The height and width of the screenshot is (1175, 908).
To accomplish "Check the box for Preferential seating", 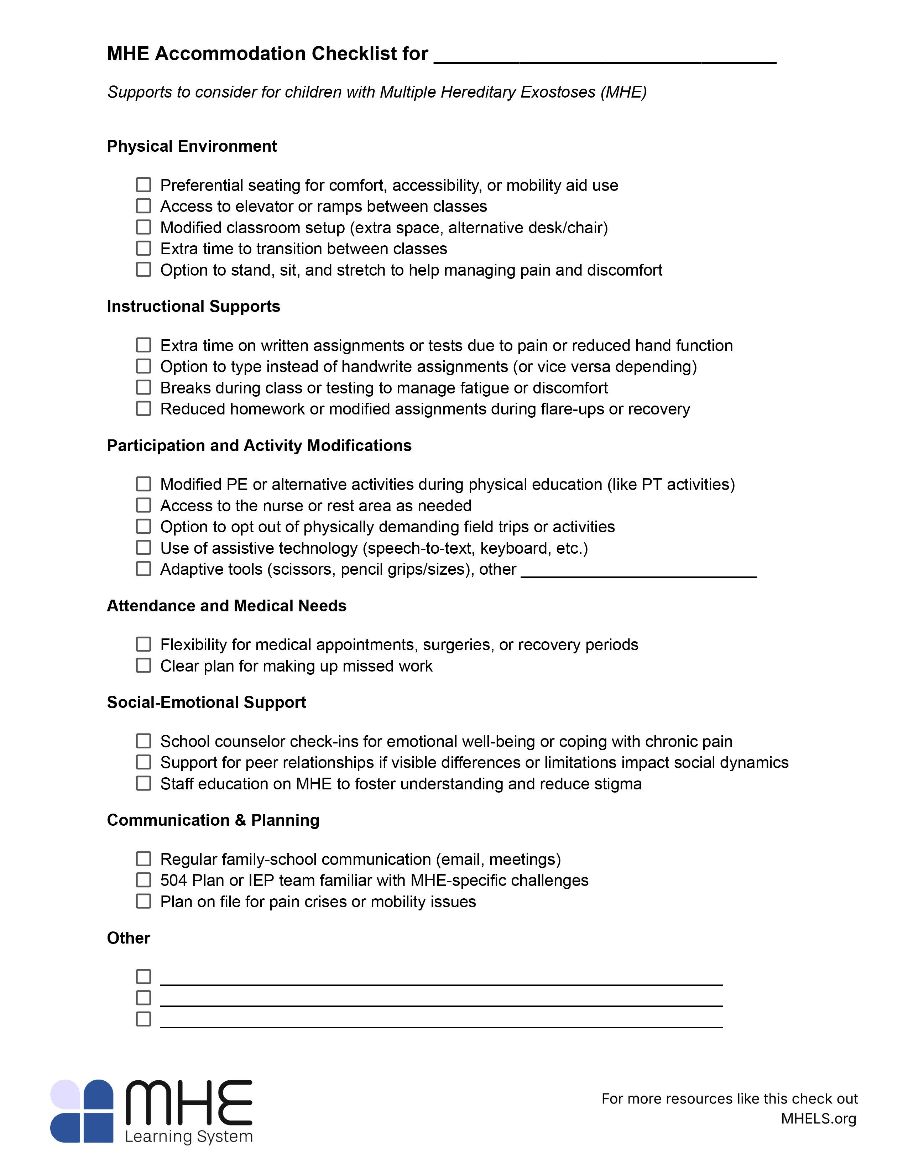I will (x=143, y=185).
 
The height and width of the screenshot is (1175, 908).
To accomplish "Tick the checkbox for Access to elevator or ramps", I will (x=143, y=206).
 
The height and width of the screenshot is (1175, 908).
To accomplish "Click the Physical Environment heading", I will (x=192, y=146).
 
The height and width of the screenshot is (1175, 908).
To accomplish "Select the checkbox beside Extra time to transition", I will (x=143, y=249).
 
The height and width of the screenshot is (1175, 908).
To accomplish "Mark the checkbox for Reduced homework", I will (x=143, y=409).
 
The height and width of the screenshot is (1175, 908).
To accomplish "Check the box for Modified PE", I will (x=143, y=484).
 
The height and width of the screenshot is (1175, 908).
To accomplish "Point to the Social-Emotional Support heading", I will (x=206, y=703).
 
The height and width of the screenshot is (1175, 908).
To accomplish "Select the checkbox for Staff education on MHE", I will (x=143, y=784).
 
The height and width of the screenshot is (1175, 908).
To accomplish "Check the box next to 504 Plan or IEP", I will (x=143, y=880).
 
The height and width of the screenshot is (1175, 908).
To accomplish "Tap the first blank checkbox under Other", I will (x=143, y=976).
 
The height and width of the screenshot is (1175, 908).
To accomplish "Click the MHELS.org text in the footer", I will (x=818, y=1119).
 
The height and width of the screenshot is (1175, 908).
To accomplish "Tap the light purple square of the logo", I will (x=65, y=1094).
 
